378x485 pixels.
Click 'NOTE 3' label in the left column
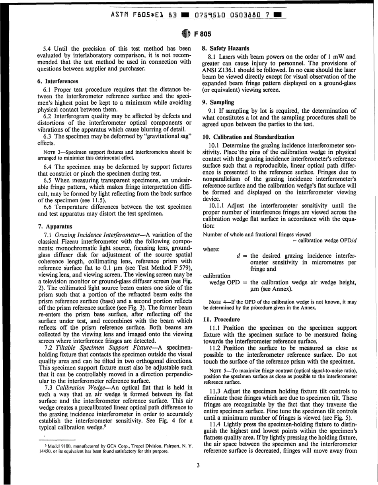(52, 152)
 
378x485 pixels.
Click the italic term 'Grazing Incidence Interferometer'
(99, 235)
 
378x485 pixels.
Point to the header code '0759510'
(210, 16)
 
